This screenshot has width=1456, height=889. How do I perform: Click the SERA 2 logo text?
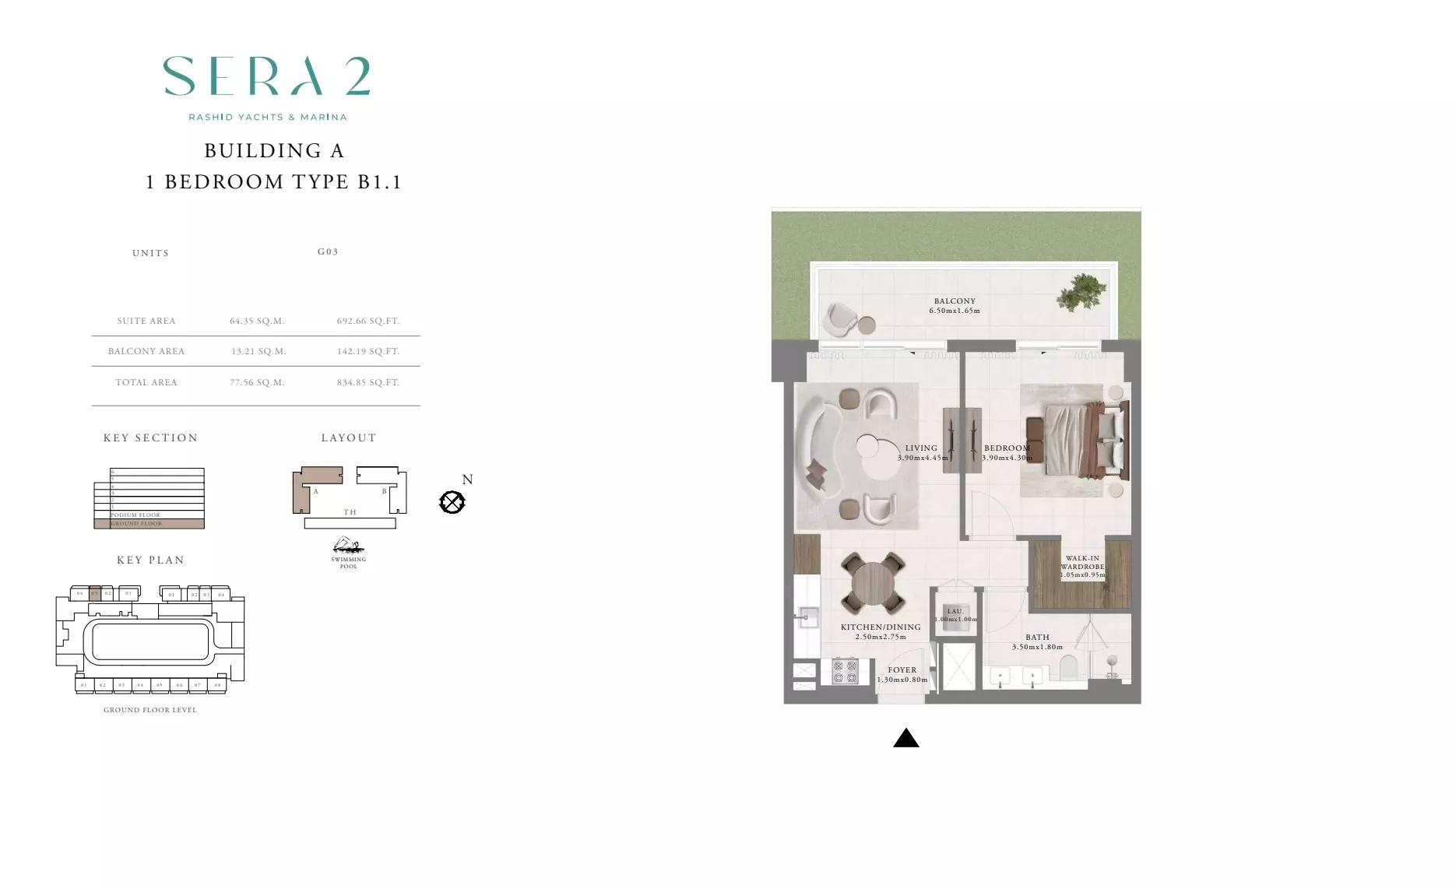266,76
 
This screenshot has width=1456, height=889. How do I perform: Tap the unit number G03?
328,251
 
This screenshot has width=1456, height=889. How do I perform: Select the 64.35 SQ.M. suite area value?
257,321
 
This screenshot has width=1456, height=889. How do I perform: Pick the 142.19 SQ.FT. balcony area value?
368,351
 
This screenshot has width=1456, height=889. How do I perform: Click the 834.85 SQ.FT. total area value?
368,382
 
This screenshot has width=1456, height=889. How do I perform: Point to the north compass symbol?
452,502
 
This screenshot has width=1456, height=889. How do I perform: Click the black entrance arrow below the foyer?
906,738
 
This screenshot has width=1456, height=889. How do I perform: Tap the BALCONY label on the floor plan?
955,301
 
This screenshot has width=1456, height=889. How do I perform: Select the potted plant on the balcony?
1081,292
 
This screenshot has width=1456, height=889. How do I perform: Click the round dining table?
873,583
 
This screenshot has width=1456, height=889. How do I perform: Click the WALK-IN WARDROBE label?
1082,563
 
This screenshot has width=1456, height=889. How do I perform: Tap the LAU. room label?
955,611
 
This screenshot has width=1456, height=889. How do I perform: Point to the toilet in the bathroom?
1068,668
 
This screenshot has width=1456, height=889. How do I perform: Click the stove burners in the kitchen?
845,671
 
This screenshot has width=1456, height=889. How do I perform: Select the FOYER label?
902,669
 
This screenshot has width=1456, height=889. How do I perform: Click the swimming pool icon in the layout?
348,546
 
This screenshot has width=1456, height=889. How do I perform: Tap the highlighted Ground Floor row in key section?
149,524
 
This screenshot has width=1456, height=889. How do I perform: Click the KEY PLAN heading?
150,560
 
